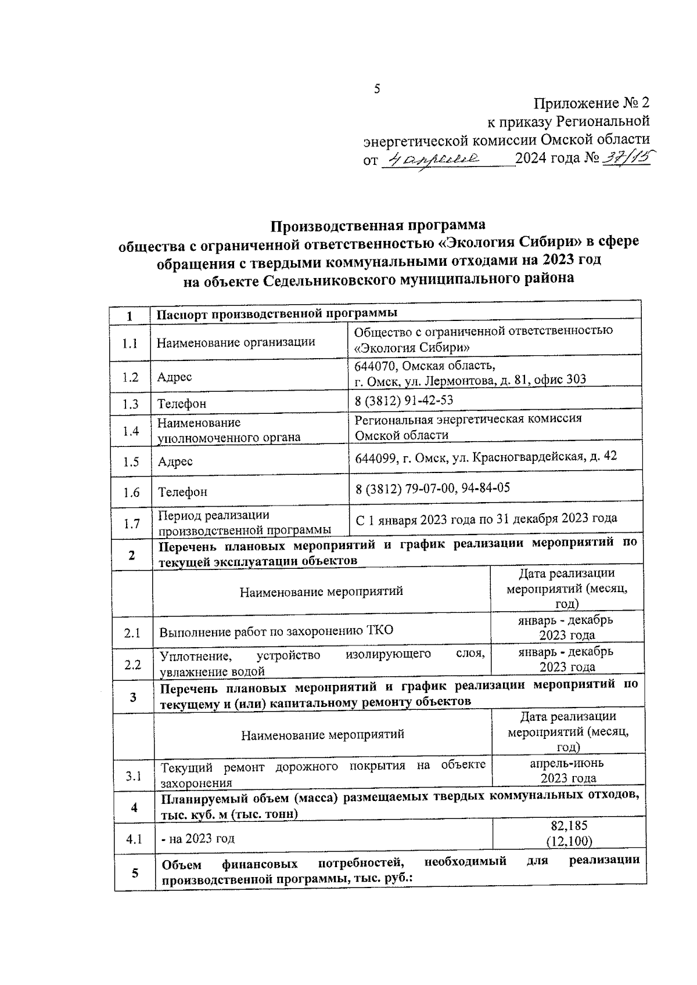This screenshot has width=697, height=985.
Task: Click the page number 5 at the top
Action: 377,89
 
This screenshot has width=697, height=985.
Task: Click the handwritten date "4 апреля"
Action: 433,158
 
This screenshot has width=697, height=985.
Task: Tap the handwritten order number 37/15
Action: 627,157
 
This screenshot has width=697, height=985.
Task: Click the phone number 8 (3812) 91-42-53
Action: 404,401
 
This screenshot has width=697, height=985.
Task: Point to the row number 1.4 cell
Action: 131,431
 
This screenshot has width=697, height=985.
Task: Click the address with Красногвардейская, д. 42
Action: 486,457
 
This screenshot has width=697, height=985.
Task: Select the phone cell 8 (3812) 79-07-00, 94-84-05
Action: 433,488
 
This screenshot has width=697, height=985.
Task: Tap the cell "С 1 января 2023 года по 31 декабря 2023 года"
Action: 486,518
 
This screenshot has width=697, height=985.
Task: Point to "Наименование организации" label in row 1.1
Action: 236,342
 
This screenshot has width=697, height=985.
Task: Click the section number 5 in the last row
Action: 135,872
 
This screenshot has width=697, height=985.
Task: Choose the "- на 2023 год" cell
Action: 198,839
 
